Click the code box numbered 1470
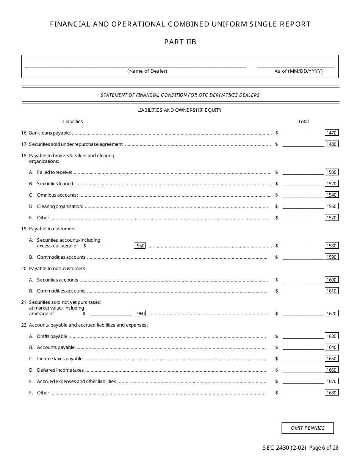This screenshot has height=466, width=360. [x=331, y=133]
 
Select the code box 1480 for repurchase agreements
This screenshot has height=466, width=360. [x=331, y=144]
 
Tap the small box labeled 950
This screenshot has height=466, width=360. [x=140, y=246]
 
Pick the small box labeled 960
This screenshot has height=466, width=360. [x=140, y=313]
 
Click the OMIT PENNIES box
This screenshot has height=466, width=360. [x=307, y=428]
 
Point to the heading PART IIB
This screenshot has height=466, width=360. [x=180, y=42]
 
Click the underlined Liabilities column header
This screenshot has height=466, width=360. [x=73, y=122]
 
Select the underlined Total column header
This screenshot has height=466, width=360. [x=303, y=122]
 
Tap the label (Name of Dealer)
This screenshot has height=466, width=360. [x=147, y=71]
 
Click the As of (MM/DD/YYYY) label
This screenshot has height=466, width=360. [x=298, y=71]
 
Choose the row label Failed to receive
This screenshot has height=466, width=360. [x=54, y=172]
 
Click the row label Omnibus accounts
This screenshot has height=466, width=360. [x=57, y=195]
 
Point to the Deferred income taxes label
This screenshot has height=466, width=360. [x=60, y=370]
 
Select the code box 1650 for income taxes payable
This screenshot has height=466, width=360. [x=331, y=358]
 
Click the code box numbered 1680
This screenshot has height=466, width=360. [x=331, y=393]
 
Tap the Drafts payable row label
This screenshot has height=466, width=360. [x=52, y=336]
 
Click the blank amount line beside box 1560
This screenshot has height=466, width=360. [x=303, y=206]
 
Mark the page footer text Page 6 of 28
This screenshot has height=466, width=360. [x=324, y=448]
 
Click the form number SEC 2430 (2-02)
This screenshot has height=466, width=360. [x=284, y=448]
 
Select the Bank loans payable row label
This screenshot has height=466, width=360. [x=50, y=133]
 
